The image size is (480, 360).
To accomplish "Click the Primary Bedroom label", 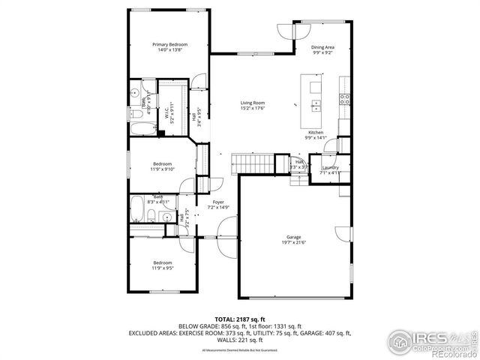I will (x=169, y=45).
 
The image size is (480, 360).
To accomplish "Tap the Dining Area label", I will (x=322, y=47).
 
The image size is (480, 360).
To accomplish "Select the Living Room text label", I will (x=252, y=103).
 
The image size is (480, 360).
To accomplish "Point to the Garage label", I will (x=293, y=237).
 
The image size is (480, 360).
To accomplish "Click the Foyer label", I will (x=218, y=202).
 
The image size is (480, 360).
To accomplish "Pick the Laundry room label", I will (x=330, y=167).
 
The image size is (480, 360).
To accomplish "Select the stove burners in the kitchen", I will (x=345, y=97).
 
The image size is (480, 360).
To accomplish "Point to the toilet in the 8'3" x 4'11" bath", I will (x=151, y=217).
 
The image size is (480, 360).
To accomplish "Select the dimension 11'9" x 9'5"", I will (x=163, y=268).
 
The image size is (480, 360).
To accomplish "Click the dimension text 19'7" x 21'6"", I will (x=293, y=242).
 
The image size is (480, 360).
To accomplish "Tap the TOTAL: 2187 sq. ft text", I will (x=239, y=319).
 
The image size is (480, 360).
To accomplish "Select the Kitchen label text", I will (x=316, y=133).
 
